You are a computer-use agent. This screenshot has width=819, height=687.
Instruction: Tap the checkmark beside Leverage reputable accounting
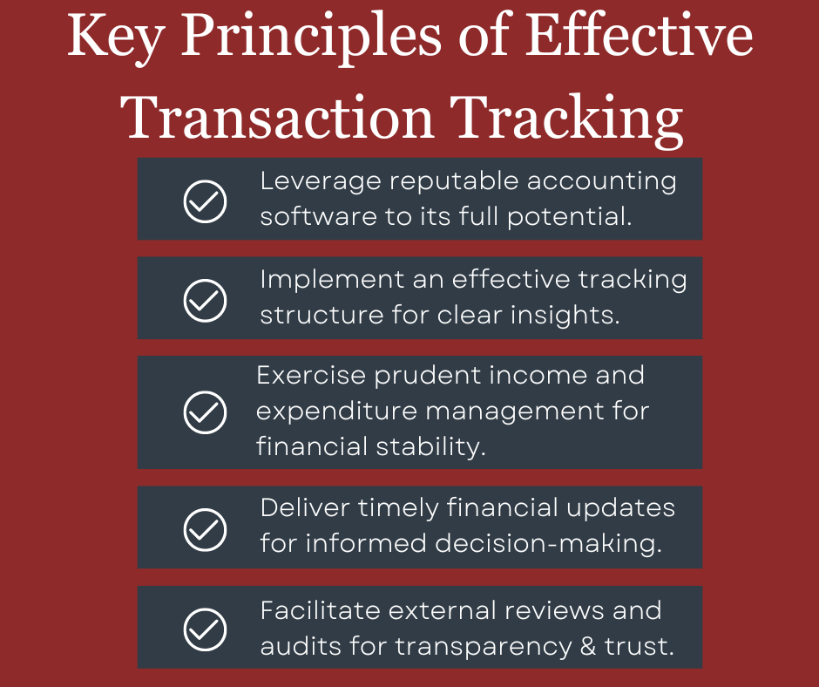(205, 201)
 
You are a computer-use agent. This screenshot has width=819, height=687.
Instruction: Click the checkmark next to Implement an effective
(205, 300)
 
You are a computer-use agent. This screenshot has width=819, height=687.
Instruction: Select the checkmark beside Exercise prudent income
(205, 412)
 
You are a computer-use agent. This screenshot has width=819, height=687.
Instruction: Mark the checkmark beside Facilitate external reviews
(205, 629)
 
